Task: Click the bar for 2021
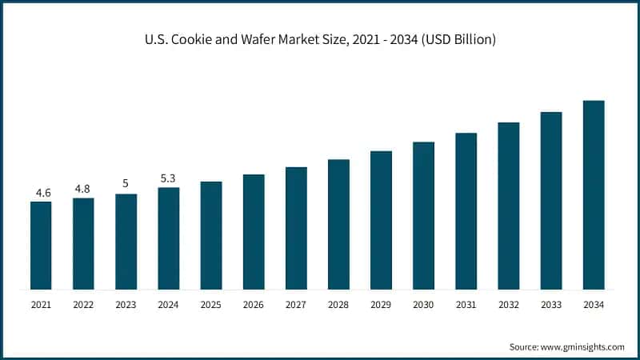(41, 245)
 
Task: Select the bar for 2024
(168, 238)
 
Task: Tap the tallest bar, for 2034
(593, 194)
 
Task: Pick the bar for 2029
(381, 220)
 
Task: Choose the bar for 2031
(466, 210)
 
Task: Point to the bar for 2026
(254, 231)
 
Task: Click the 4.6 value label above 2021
(42, 193)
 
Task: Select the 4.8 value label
(83, 189)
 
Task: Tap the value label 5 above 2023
(126, 184)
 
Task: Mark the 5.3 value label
(168, 178)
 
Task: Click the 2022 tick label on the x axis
(83, 305)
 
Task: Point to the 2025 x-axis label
(210, 305)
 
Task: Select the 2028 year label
(338, 305)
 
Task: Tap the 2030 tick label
(423, 305)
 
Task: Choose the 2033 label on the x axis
(550, 305)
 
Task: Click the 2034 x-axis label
(593, 305)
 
